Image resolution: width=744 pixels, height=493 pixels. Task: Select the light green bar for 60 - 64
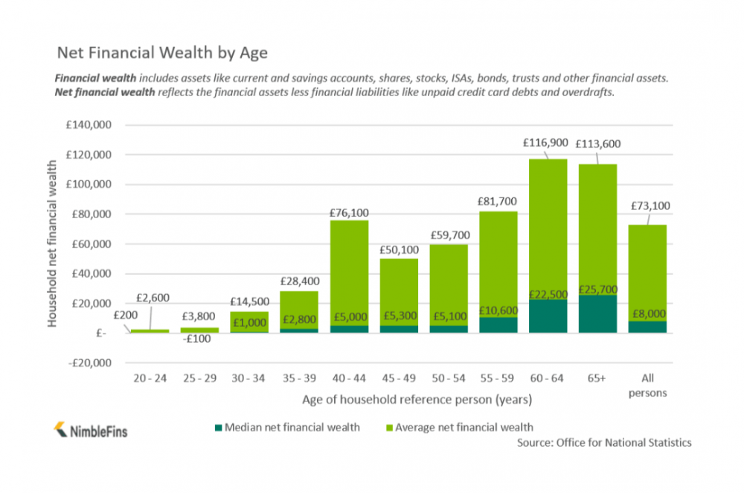(548, 223)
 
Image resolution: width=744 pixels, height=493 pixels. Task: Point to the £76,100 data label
(349, 213)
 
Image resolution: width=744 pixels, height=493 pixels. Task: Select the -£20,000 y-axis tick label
(87, 363)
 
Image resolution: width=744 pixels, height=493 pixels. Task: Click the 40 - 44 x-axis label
(349, 379)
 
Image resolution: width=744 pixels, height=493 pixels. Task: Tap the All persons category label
(647, 386)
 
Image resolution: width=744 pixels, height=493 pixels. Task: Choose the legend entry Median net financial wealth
(286, 427)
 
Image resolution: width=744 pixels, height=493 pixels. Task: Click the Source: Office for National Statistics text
(604, 442)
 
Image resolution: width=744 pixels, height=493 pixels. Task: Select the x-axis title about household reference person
(417, 400)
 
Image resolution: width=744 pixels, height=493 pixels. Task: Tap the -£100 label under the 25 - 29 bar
(199, 339)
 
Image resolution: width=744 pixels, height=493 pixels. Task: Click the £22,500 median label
(548, 294)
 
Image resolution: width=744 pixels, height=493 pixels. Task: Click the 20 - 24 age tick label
(150, 379)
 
